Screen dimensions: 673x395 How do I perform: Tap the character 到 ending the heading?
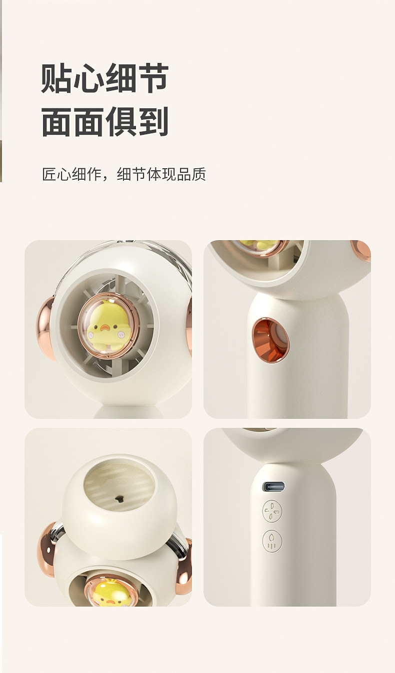[x=153, y=122]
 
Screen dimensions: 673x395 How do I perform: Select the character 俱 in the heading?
[x=121, y=122]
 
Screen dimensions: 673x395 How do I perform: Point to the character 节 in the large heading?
[x=153, y=79]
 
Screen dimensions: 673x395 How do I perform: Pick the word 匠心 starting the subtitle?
[x=56, y=174]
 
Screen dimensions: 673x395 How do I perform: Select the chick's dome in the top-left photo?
[x=108, y=326]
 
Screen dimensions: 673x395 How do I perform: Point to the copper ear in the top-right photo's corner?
[x=361, y=250]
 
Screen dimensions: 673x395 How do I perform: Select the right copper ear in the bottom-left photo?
[x=184, y=567]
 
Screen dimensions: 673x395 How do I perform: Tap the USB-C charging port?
[x=273, y=486]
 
